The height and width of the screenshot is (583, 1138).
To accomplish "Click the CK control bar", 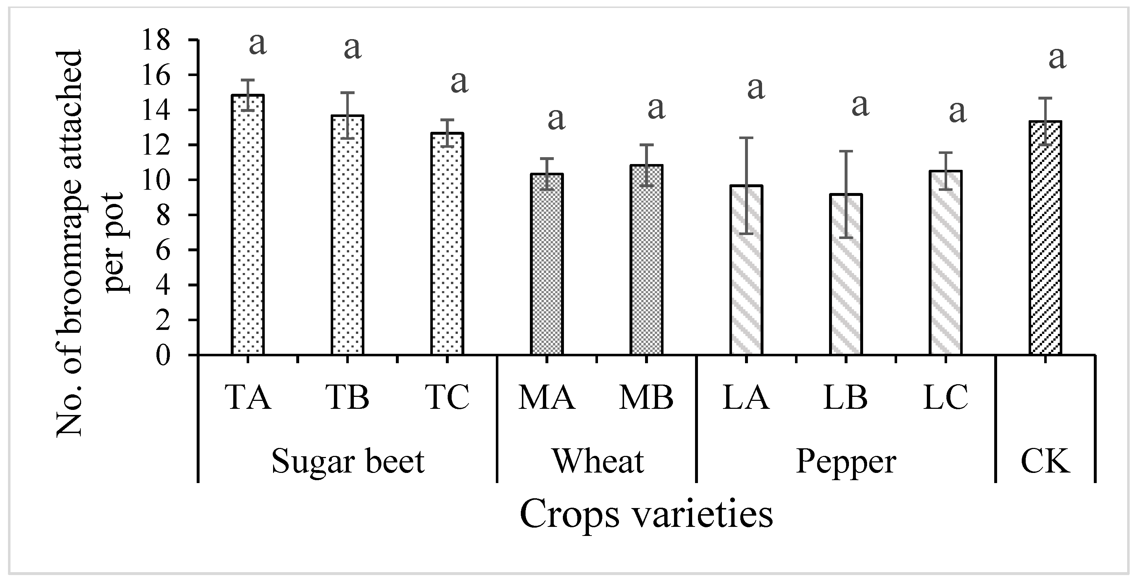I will (1045, 239).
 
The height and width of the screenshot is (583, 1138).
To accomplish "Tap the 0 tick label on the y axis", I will (163, 355).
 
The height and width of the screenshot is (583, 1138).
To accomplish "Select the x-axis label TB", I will (347, 398).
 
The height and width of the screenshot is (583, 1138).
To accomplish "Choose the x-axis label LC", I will (945, 398).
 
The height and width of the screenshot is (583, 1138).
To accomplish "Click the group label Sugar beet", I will (348, 462).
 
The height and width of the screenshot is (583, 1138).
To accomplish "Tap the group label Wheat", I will (598, 462).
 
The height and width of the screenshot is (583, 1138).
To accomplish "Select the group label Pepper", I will (846, 462).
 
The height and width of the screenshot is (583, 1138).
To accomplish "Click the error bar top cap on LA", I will (746, 138).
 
